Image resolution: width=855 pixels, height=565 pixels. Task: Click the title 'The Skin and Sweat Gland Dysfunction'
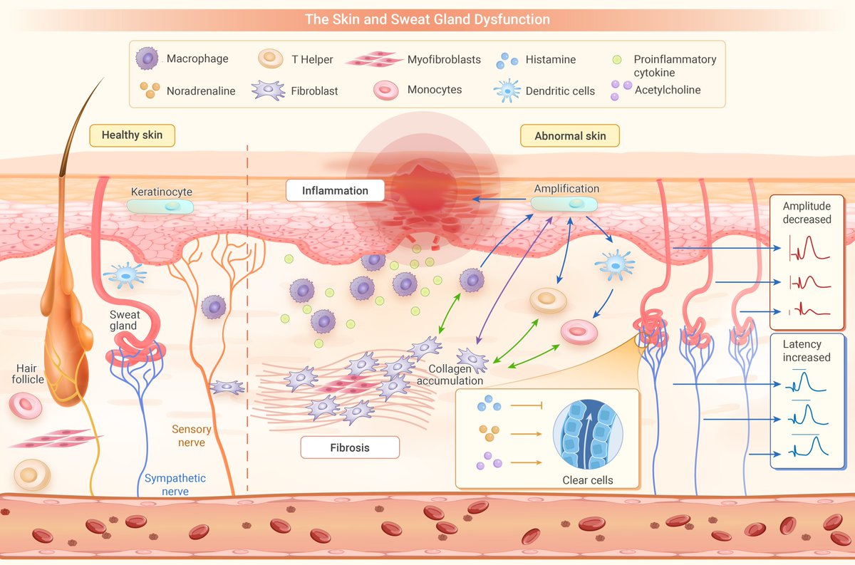pyautogui.click(x=427, y=19)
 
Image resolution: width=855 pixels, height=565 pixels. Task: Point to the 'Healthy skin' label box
pyautogui.click(x=132, y=135)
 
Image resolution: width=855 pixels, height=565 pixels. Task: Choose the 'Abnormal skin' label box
pyautogui.click(x=570, y=135)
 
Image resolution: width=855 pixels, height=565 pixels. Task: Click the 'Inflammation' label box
pyautogui.click(x=335, y=191)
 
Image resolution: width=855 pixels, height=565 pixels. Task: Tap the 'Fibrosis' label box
pyautogui.click(x=349, y=447)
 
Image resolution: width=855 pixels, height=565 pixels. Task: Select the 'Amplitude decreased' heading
pyautogui.click(x=807, y=213)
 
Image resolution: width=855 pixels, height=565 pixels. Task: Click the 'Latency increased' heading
pyautogui.click(x=807, y=351)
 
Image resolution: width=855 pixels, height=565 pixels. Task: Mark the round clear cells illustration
pyautogui.click(x=588, y=433)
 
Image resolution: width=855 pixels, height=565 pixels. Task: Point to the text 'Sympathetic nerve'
pyautogui.click(x=175, y=484)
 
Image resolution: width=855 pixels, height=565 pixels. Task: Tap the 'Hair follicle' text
pyautogui.click(x=30, y=373)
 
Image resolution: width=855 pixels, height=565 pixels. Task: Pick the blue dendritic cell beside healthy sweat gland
pyautogui.click(x=125, y=274)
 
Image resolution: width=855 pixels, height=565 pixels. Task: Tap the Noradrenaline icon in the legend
pyautogui.click(x=149, y=90)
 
